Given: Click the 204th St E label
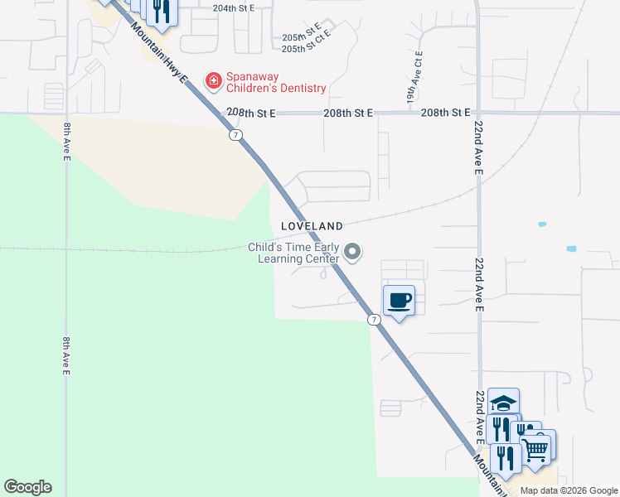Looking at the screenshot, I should click(x=232, y=7).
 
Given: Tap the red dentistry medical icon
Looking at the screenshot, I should click(x=213, y=80).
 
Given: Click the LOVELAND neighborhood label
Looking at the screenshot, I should click(x=312, y=225).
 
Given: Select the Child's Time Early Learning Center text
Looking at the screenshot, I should click(x=294, y=253).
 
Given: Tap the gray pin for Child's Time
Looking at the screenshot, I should click(x=353, y=252).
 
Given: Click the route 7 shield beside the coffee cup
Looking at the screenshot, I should click(x=374, y=319).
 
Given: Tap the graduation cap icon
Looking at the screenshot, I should click(x=503, y=403).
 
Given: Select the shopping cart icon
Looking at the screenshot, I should click(x=536, y=448).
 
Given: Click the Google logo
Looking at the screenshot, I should click(x=27, y=487).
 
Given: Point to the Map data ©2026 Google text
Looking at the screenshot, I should click(x=568, y=490).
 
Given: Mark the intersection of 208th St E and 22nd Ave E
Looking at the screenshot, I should click(x=477, y=113).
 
